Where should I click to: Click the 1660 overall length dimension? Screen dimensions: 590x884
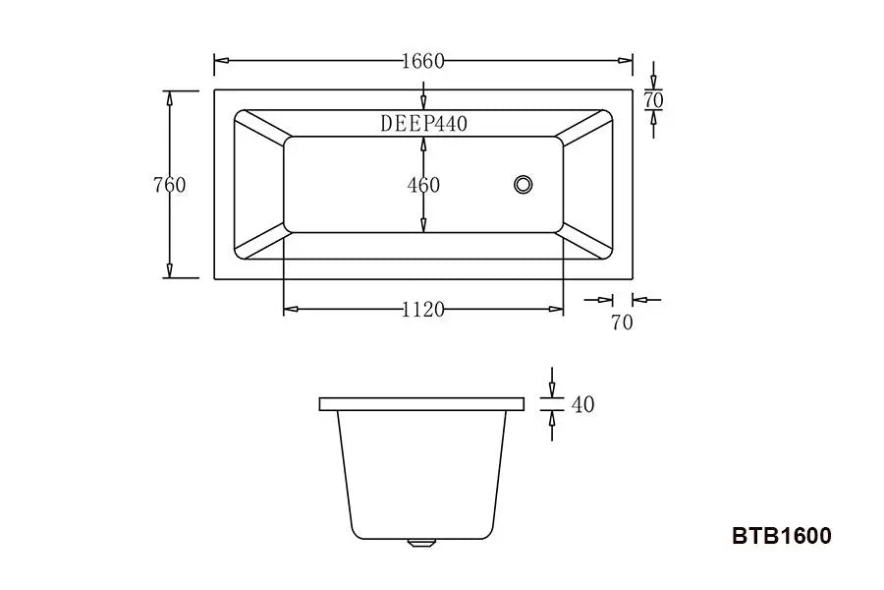pyautogui.click(x=423, y=61)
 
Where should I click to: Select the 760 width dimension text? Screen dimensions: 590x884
pyautogui.click(x=170, y=185)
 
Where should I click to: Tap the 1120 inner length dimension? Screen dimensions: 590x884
pyautogui.click(x=423, y=310)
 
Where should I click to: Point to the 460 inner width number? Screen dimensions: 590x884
pyautogui.click(x=423, y=185)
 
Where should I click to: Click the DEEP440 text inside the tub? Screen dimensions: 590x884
pyautogui.click(x=423, y=124)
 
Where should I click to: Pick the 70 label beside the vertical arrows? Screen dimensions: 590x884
pyautogui.click(x=654, y=101)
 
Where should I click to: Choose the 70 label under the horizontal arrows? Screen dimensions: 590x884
pyautogui.click(x=622, y=323)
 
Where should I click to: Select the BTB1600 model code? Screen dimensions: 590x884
pyautogui.click(x=782, y=536)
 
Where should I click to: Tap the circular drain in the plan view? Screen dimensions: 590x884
pyautogui.click(x=524, y=184)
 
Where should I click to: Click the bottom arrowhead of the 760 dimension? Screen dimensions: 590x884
pyautogui.click(x=170, y=272)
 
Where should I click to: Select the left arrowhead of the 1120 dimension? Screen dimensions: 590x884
pyautogui.click(x=290, y=310)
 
